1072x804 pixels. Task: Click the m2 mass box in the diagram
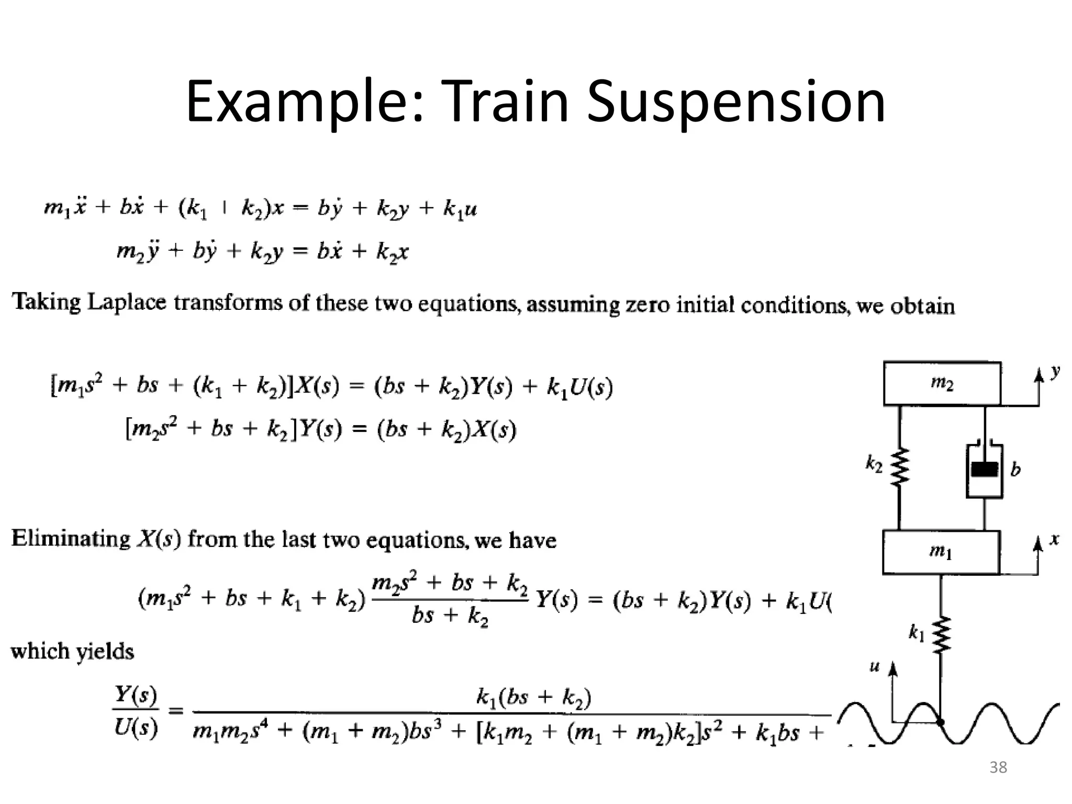942,384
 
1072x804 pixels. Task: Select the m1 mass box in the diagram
941,552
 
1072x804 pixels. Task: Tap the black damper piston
985,470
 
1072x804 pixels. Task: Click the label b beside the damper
1015,470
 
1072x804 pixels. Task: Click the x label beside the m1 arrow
1054,539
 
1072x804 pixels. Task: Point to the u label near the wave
874,667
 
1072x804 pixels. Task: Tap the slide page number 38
998,767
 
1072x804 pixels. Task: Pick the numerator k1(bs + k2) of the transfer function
533,697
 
